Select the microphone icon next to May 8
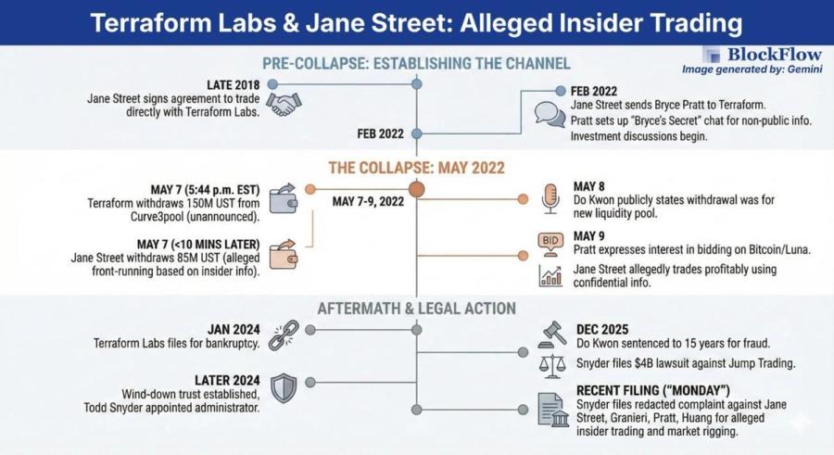(x=550, y=198)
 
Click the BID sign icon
(x=550, y=242)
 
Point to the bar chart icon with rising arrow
(x=550, y=275)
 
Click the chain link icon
(x=283, y=335)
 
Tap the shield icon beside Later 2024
(x=284, y=388)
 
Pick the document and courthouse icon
(x=553, y=409)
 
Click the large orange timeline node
(x=417, y=189)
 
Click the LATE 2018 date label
(x=236, y=84)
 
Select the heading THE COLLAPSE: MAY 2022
(x=416, y=168)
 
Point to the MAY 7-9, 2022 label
(x=368, y=201)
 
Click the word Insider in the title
(x=594, y=21)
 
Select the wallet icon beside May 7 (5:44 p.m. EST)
(x=283, y=198)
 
